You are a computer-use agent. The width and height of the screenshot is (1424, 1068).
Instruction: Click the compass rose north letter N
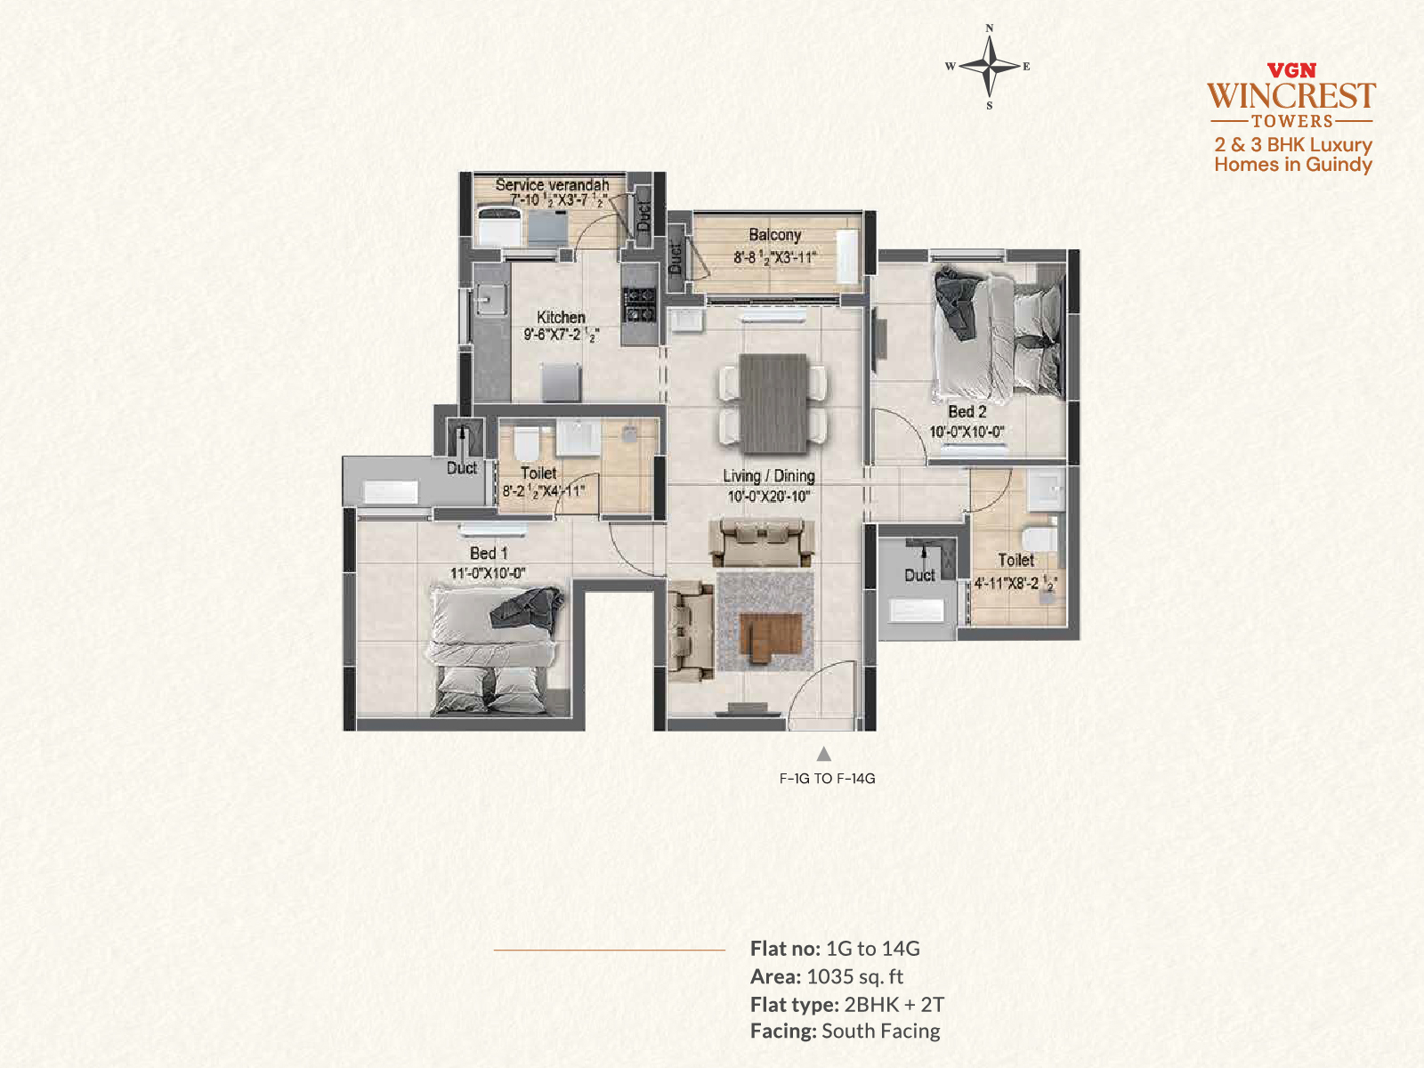(990, 28)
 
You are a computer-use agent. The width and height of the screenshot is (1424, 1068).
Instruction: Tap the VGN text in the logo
(1291, 70)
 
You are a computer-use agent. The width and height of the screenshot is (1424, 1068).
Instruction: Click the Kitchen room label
(562, 317)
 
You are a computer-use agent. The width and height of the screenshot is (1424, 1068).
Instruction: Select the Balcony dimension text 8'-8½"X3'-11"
(774, 257)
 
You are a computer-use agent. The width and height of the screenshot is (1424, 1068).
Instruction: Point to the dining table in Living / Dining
(773, 403)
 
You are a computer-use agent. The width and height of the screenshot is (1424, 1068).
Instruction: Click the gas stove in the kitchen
(640, 304)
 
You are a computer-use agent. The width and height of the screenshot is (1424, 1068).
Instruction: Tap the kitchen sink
(490, 300)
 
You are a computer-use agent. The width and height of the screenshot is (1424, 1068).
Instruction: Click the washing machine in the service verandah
(499, 225)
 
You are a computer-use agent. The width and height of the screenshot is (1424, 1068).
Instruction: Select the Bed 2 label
(967, 412)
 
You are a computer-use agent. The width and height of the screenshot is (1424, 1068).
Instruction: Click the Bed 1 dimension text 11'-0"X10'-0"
(488, 573)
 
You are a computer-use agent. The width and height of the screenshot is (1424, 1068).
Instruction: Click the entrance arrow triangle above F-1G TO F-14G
(824, 754)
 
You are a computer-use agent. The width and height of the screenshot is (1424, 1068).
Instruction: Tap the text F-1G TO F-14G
(827, 778)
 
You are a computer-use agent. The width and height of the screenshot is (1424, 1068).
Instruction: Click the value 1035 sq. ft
(855, 976)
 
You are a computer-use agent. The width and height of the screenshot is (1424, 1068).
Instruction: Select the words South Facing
(881, 1031)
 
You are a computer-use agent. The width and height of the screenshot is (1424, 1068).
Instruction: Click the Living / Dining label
(769, 476)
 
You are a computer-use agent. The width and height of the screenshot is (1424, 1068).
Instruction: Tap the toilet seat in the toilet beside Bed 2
(1040, 539)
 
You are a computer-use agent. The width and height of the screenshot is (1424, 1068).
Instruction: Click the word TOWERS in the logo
(1292, 121)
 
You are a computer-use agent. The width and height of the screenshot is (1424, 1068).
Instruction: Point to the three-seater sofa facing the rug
(762, 541)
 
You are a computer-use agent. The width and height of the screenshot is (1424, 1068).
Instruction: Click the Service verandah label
(552, 185)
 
